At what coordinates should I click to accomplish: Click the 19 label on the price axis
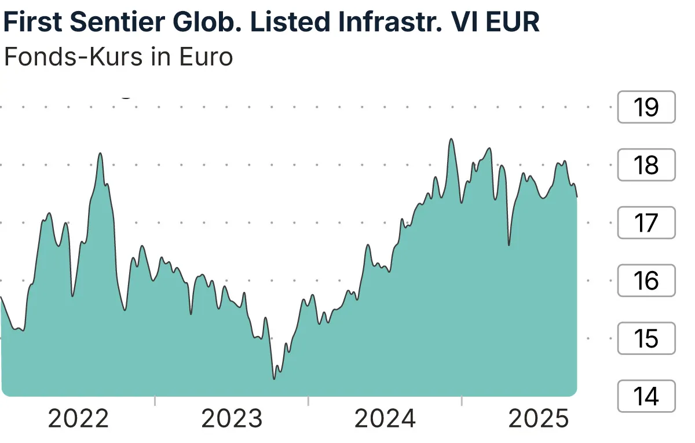point(646,107)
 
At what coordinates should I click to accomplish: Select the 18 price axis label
point(646,165)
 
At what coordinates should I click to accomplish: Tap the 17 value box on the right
point(646,223)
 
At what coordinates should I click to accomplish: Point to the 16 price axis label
point(646,281)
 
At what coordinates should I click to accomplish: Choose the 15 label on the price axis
point(646,338)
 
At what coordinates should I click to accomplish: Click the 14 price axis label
point(646,396)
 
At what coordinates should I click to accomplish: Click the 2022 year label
point(78,419)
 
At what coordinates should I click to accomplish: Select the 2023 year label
point(232,419)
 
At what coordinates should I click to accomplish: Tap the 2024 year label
point(385,419)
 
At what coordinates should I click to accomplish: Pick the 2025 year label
point(539,419)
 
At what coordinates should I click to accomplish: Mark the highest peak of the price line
point(451,139)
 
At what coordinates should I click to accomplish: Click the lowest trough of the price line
point(274,379)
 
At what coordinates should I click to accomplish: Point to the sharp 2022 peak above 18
point(100,153)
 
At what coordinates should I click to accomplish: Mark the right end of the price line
point(577,197)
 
